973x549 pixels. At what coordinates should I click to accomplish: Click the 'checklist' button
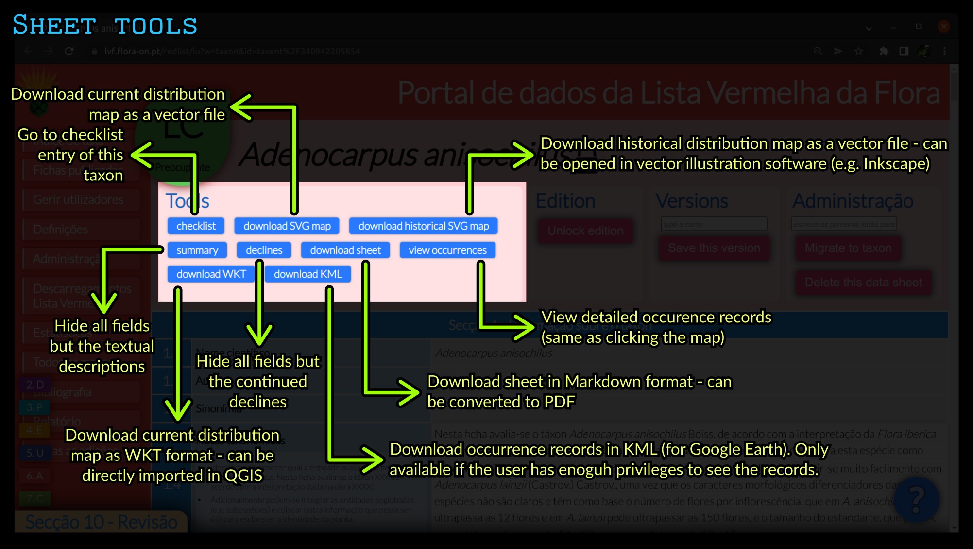[196, 226]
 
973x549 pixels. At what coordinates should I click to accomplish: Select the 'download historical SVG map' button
[423, 226]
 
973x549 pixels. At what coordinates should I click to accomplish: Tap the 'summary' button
[197, 250]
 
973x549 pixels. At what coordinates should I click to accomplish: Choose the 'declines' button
[264, 250]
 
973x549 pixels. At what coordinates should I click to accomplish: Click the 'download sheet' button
[345, 250]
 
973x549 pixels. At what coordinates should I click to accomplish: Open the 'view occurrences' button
[447, 250]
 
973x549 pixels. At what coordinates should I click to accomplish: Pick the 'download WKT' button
[211, 274]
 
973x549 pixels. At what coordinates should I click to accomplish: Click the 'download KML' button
[308, 274]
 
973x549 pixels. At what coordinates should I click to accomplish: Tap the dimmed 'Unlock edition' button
[585, 231]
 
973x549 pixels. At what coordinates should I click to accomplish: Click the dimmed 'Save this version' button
[714, 248]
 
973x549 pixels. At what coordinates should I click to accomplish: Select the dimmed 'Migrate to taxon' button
[848, 248]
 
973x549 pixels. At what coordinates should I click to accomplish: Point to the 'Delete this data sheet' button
[863, 283]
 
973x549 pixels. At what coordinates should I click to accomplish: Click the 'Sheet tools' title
[104, 25]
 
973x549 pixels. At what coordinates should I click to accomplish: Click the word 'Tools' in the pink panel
[187, 201]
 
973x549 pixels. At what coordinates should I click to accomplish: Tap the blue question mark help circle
[916, 499]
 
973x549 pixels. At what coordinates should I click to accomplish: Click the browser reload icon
[69, 52]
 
